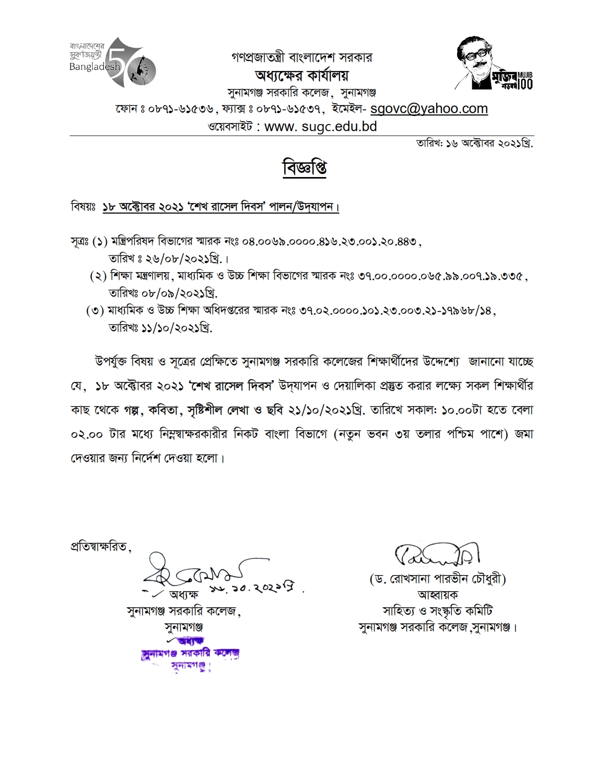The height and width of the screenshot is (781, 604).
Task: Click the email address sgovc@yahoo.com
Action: (x=429, y=109)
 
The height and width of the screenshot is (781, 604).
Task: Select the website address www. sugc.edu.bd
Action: (x=320, y=127)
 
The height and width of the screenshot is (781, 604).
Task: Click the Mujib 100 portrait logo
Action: (x=494, y=63)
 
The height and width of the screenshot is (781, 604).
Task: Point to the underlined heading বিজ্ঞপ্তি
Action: (x=304, y=169)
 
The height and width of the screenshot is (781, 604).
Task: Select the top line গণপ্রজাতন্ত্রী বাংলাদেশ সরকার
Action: (x=302, y=58)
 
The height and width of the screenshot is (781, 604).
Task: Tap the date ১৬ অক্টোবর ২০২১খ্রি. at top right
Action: (x=488, y=143)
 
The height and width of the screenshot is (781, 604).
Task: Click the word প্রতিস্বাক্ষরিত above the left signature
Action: (x=99, y=546)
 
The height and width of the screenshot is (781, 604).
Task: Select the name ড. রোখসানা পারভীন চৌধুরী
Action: (x=438, y=579)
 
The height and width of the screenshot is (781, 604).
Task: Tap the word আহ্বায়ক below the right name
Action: (x=438, y=595)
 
